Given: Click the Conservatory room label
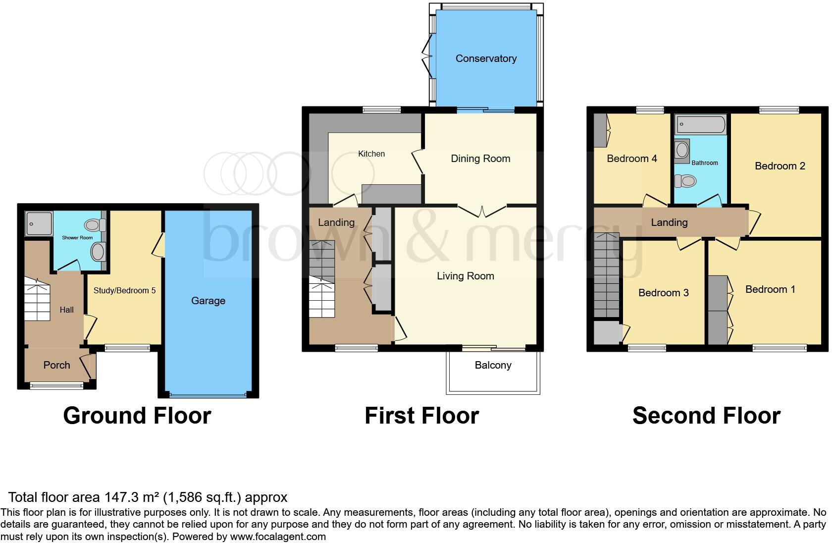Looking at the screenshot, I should [486, 58].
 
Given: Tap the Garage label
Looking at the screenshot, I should [208, 301].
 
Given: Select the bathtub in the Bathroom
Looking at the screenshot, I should [701, 124].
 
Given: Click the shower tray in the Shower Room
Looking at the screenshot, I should [39, 223].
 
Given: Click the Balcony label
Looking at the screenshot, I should [493, 365].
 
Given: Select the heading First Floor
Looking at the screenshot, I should [421, 415].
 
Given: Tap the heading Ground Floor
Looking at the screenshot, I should [137, 415].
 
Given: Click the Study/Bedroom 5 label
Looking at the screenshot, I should [124, 290].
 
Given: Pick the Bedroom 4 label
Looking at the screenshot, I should [631, 159].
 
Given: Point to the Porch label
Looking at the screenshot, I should [56, 365].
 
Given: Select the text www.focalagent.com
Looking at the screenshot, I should [277, 536].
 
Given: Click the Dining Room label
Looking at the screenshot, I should [480, 159].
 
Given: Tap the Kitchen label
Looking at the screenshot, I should [371, 154].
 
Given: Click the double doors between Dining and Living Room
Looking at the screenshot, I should [482, 211].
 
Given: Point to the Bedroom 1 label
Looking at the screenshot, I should [770, 289].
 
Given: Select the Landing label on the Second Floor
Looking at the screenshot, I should [669, 222].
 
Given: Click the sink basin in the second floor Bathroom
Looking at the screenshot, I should [682, 149].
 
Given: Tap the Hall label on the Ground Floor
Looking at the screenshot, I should [66, 310].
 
